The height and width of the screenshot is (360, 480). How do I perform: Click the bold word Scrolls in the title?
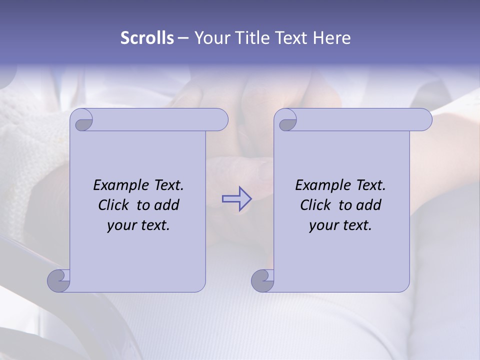pyautogui.click(x=147, y=38)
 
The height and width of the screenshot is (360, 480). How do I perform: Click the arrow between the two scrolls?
pyautogui.click(x=236, y=198)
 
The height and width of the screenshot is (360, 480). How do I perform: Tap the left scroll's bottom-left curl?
pyautogui.click(x=59, y=280)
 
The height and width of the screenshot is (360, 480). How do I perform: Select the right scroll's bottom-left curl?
pyautogui.click(x=262, y=280)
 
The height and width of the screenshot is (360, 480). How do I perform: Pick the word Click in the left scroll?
pyautogui.click(x=115, y=205)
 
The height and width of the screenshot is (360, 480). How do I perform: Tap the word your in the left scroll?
pyautogui.click(x=121, y=225)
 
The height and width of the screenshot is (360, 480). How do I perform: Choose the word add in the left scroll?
pyautogui.click(x=167, y=205)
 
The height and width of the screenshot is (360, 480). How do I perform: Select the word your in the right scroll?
pyautogui.click(x=323, y=225)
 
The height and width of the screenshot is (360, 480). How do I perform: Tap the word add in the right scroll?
pyautogui.click(x=369, y=205)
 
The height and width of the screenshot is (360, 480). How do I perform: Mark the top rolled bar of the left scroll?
pyautogui.click(x=160, y=120)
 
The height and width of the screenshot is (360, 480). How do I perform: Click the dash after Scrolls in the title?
pyautogui.click(x=183, y=38)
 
